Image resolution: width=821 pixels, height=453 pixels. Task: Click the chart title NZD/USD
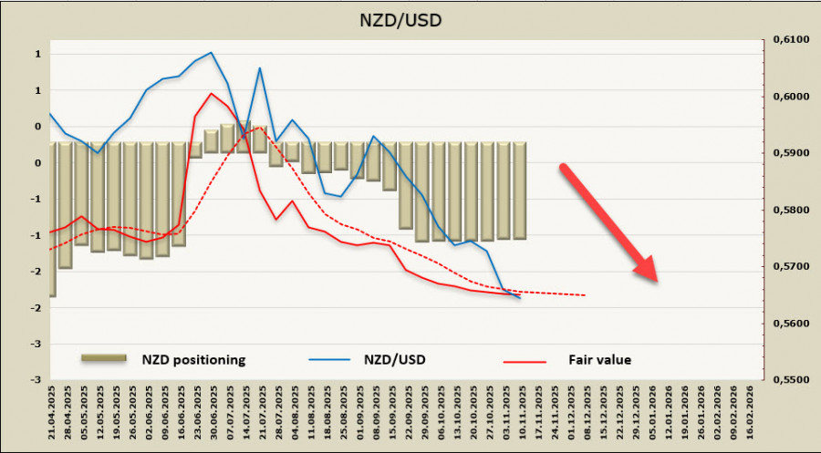410,18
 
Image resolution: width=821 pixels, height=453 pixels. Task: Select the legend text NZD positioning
193,359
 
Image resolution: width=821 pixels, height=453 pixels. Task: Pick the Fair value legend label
598,359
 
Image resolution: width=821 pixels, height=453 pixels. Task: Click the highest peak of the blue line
212,52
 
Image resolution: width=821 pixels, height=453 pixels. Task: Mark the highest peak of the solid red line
212,93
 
